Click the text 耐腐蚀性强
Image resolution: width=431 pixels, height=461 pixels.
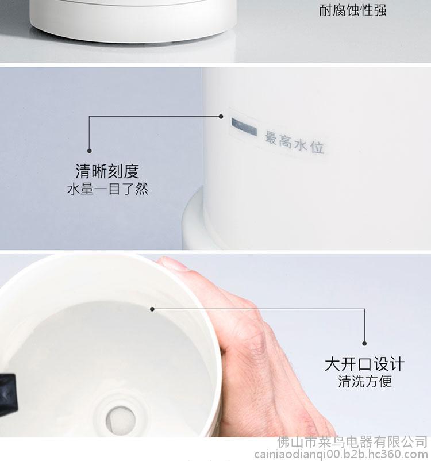coord(353,10)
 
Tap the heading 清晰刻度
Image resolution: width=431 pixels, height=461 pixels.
coord(107,171)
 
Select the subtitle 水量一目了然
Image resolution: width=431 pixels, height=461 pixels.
coord(107,189)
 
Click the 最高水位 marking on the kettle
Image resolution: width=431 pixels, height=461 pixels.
coord(295,143)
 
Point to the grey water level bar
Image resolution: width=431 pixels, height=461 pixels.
coord(244,126)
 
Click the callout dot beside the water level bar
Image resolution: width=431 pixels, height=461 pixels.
coord(221,117)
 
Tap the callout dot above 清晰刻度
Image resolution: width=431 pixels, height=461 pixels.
coord(90,151)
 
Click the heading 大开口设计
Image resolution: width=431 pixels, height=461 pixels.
coord(364,364)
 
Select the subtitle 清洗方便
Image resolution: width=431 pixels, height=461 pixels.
coord(365,382)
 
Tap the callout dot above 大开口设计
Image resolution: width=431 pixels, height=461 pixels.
coord(364,343)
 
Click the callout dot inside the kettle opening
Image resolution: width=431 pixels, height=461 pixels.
coord(152,309)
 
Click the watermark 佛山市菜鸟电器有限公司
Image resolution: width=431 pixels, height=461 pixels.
coord(352,442)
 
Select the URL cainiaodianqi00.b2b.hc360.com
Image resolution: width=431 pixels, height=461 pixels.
coord(341,454)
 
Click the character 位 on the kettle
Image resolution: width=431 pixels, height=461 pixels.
coord(317,147)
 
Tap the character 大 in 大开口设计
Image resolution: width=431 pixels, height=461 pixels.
coord(333,364)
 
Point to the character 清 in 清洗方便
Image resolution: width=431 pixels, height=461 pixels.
coord(345,382)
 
